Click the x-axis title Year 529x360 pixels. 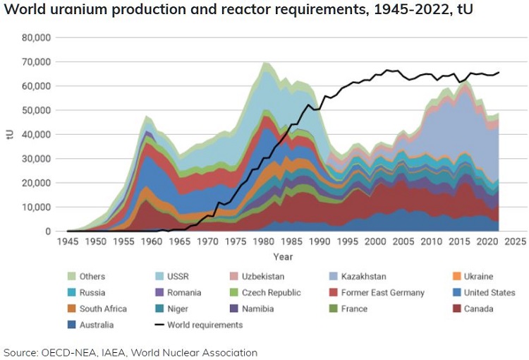point(283,256)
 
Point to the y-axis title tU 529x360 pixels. point(10,134)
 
